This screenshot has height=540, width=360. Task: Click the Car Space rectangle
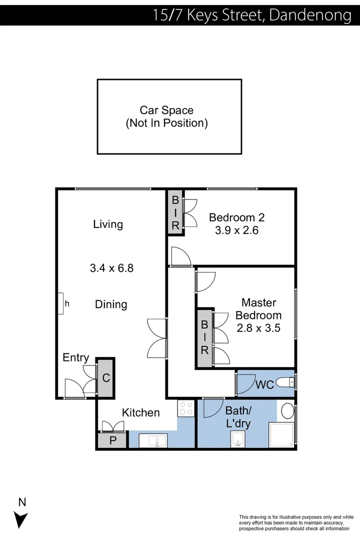tap(169, 116)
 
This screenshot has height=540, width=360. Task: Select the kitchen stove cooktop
tap(186, 408)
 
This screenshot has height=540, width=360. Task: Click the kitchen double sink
tap(153, 440)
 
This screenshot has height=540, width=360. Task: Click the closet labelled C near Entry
tap(106, 377)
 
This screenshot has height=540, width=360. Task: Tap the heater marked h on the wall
tap(60, 303)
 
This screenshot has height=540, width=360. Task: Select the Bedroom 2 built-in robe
tap(175, 213)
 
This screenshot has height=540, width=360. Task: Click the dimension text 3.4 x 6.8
tap(111, 268)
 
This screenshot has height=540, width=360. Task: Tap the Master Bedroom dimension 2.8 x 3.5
tap(258, 328)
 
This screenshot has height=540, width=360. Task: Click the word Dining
tap(111, 304)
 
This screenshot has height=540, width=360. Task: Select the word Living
tap(108, 224)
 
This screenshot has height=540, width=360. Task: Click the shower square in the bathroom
tap(282, 434)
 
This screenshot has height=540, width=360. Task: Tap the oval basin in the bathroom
tap(287, 411)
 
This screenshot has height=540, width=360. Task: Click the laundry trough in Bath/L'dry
tap(237, 439)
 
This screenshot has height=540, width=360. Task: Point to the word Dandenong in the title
tap(310, 15)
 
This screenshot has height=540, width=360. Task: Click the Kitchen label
tap(141, 412)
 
